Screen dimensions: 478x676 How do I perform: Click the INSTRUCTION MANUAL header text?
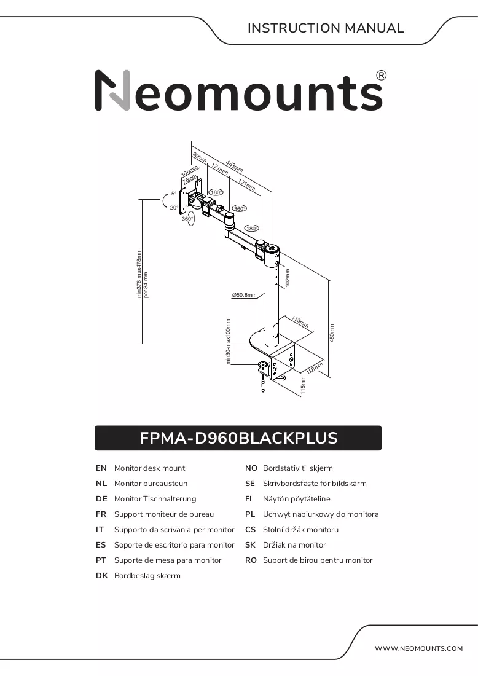[x=326, y=28]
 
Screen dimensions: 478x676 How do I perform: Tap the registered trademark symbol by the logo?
[x=382, y=76]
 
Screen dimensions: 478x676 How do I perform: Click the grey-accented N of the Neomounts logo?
[x=112, y=90]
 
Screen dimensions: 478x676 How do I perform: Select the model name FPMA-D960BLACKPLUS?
[x=238, y=438]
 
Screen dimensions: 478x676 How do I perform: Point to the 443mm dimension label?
[x=235, y=167]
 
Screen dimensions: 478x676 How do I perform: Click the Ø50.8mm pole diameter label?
[x=244, y=295]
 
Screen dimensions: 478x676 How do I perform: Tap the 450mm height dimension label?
[x=332, y=333]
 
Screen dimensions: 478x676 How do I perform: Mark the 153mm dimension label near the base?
[x=300, y=321]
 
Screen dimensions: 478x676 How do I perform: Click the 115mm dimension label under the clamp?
[x=303, y=385]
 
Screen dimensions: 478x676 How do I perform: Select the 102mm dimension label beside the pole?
[x=288, y=278]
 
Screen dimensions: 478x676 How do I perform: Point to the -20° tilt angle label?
[x=173, y=207]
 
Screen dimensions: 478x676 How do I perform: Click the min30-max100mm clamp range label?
[x=228, y=342]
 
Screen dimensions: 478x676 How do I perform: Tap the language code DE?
[x=101, y=499]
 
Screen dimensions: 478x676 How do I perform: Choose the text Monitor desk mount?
[x=149, y=468]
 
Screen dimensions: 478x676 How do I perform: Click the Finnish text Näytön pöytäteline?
[x=297, y=499]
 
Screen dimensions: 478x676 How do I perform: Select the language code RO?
[x=251, y=560]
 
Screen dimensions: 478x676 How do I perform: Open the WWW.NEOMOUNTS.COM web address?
[x=418, y=648]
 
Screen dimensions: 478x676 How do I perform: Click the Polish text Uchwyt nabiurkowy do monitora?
[x=321, y=514]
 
